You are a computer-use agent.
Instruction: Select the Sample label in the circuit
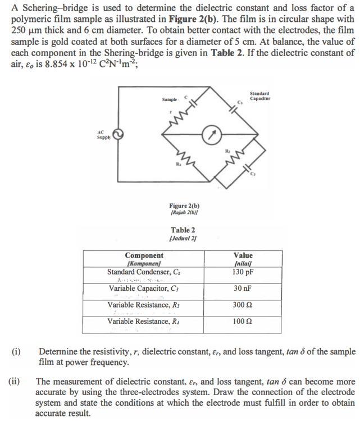point(170,99)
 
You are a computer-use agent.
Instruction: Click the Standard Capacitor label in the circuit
point(259,96)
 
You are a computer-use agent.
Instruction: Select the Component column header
point(143,256)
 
